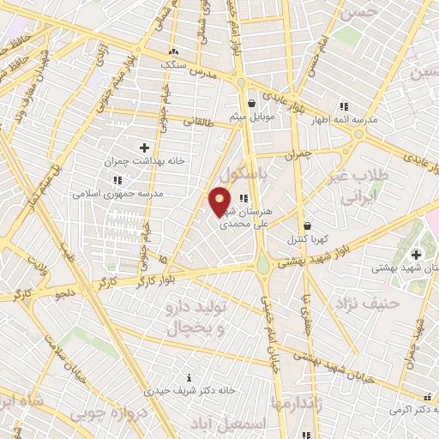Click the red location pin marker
coord(220,200)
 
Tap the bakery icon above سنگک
coord(174,51)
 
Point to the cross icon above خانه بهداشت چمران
coord(144,148)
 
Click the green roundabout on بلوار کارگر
coord(262,266)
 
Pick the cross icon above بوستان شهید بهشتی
coord(416,254)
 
